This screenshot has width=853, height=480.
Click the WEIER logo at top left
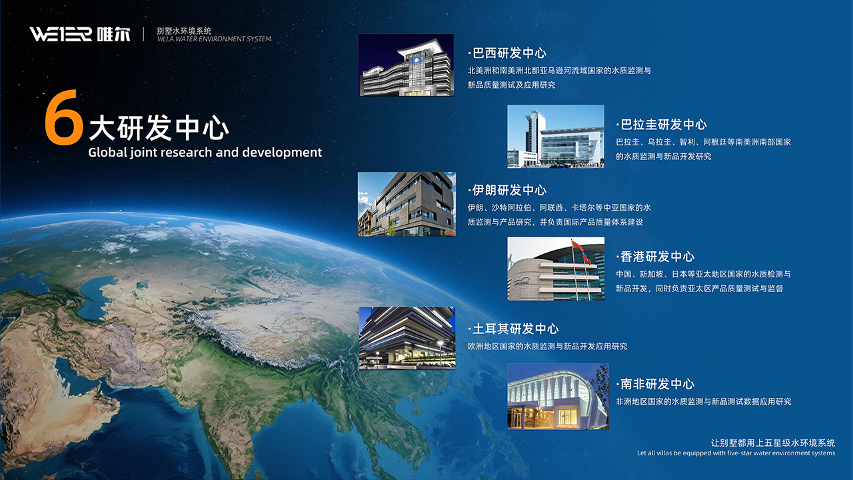[61, 34]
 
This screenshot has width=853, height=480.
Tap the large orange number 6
[63, 117]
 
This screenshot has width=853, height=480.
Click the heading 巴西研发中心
[507, 53]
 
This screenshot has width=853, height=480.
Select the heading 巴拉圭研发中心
[662, 125]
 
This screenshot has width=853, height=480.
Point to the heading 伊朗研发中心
[507, 190]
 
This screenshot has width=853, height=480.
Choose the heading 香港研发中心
[655, 257]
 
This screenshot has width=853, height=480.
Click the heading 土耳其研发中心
[513, 329]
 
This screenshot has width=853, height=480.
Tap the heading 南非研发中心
[655, 384]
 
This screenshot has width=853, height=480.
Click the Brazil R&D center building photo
[406, 65]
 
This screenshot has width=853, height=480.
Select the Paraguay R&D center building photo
[556, 137]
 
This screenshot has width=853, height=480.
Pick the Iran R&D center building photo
[407, 204]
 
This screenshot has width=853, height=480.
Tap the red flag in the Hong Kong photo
[578, 247]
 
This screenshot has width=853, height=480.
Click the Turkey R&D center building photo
[407, 338]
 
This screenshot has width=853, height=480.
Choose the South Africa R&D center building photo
[558, 396]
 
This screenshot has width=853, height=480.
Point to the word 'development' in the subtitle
[282, 153]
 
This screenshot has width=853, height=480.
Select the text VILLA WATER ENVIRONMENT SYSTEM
[215, 39]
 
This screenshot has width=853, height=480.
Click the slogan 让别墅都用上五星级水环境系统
[773, 443]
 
